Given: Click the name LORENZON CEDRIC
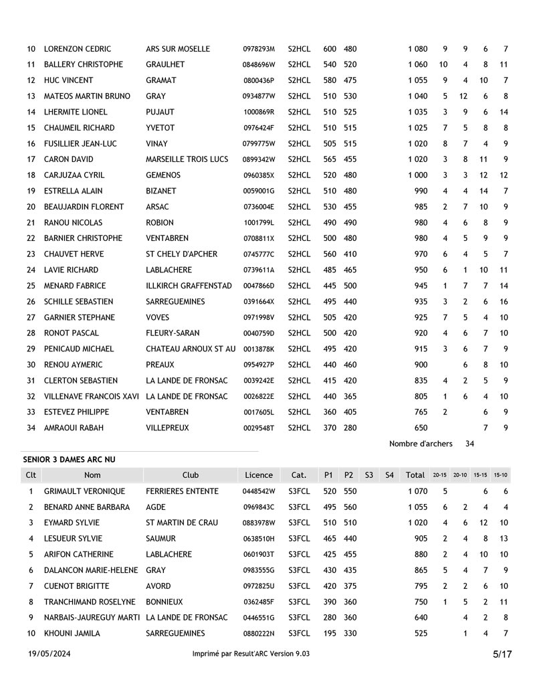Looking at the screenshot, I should pos(77,49).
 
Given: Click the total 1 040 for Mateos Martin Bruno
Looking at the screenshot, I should pos(417,96).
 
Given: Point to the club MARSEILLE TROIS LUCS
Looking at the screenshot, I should pos(187,159).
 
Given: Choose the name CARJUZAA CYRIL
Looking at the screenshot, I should pos(74,175).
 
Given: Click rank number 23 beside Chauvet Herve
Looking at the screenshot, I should pos(31,254).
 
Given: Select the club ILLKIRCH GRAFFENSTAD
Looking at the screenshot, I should pos(189,286).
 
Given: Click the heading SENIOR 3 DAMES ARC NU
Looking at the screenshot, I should pos(69,459).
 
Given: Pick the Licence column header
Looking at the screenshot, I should pos(259,475).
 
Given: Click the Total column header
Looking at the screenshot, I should pos(415,475).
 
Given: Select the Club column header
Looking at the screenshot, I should pos(191,475).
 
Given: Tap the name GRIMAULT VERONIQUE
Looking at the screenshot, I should pos(84,491).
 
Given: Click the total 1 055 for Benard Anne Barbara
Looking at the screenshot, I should pos(417,507).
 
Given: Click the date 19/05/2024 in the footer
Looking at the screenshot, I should pos(49,654).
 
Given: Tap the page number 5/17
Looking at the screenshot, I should pos(502,655).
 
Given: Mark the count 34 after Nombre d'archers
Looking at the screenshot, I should pos(469,444).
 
